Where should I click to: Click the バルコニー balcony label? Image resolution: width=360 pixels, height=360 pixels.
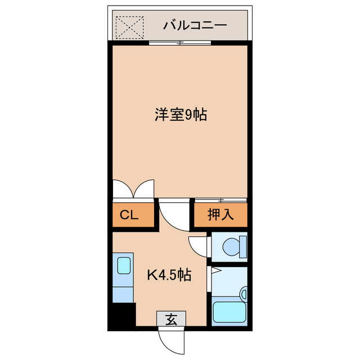coord(195,25)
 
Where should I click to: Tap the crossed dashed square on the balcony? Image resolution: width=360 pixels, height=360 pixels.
coord(129,26)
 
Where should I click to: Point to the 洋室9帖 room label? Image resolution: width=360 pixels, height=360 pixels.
coord(181,115)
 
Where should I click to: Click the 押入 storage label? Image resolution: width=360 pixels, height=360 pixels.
coord(219,214)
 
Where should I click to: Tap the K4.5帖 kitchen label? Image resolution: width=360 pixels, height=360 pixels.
coord(169,276)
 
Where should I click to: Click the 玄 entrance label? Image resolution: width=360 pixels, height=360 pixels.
coord(172,320)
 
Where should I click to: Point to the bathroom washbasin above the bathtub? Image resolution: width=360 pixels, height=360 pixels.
coord(243,293)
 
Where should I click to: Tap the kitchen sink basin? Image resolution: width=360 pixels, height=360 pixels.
coord(124,265)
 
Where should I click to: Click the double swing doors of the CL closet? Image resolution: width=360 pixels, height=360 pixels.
coord(133,188)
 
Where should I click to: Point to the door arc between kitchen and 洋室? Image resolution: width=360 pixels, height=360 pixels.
coord(174,215)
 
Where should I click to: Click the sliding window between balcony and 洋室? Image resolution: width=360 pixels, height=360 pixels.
coord(181,43)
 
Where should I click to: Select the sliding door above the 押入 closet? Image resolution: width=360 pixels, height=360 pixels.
coord(221,200)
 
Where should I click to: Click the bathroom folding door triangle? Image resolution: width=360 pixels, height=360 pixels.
coord(215,272)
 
